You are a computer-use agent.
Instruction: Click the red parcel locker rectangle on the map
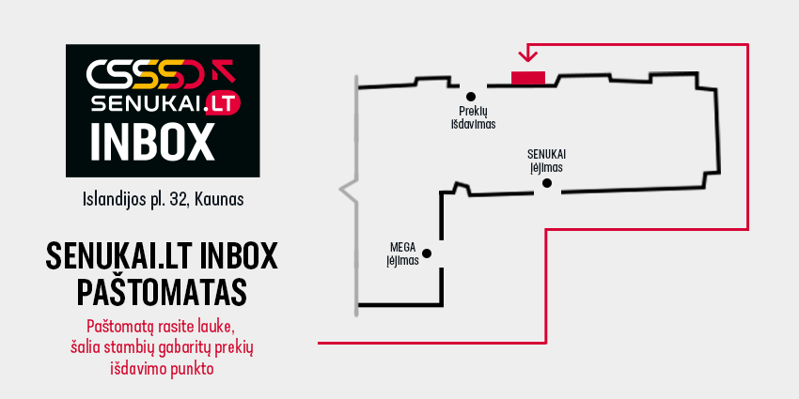click(x=528, y=77)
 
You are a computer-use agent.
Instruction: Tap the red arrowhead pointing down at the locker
click(x=527, y=55)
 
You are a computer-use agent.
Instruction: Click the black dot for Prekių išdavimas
click(x=471, y=96)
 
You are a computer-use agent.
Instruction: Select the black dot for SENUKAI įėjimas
click(x=547, y=183)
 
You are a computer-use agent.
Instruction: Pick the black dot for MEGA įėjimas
click(x=427, y=253)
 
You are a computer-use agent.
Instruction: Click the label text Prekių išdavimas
click(x=473, y=117)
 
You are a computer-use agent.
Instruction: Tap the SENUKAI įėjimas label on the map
click(x=547, y=161)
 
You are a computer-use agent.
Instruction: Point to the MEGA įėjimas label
click(x=403, y=254)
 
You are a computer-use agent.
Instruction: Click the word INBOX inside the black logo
click(x=152, y=142)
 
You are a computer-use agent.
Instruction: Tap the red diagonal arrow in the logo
click(x=223, y=70)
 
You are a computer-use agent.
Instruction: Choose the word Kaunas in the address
click(x=219, y=199)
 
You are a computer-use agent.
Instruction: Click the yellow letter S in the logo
click(x=150, y=74)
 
